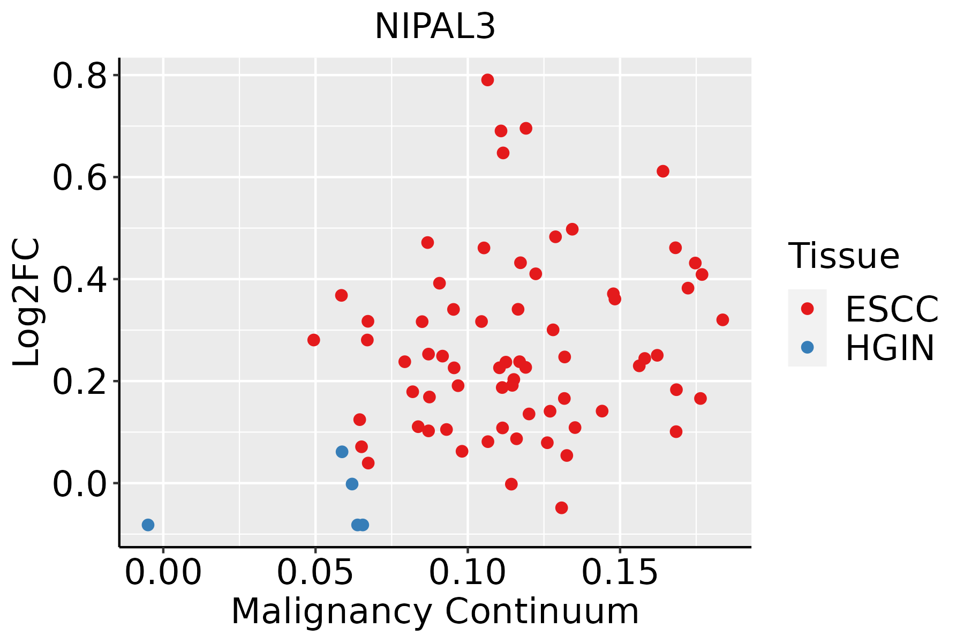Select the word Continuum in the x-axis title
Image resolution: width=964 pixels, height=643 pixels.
pyautogui.click(x=542, y=612)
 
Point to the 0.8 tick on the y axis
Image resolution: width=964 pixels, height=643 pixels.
pyautogui.click(x=79, y=76)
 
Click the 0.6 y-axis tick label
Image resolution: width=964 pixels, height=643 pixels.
pyautogui.click(x=79, y=178)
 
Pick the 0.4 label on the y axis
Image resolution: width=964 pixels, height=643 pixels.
pyautogui.click(x=79, y=280)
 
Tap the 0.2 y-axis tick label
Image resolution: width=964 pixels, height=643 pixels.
pyautogui.click(x=79, y=382)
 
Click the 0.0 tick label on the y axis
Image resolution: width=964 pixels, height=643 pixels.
pyautogui.click(x=79, y=484)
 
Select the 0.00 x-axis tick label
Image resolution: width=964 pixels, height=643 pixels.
pyautogui.click(x=163, y=572)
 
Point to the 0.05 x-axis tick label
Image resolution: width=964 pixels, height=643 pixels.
pyautogui.click(x=315, y=572)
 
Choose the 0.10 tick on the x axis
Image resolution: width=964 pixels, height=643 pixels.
pyautogui.click(x=468, y=572)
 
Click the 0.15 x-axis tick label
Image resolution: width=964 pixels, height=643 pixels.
pyautogui.click(x=620, y=572)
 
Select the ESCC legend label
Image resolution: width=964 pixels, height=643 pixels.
pyautogui.click(x=892, y=309)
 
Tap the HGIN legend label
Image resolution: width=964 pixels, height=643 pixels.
pyautogui.click(x=890, y=348)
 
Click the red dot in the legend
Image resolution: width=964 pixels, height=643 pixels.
pyautogui.click(x=807, y=308)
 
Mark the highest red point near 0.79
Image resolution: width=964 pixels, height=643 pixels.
pyautogui.click(x=487, y=80)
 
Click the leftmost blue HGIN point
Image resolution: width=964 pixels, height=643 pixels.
pyautogui.click(x=148, y=525)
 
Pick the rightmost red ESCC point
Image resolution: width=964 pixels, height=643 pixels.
pyautogui.click(x=722, y=320)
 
